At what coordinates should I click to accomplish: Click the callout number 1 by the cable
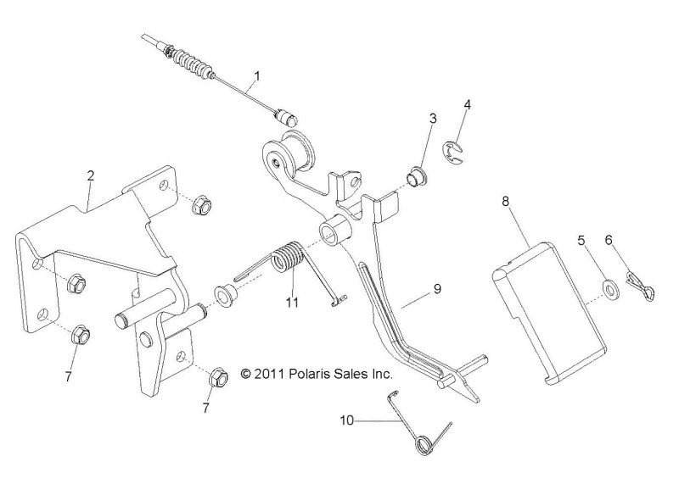[x=258, y=76]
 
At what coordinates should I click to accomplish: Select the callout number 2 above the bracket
[x=91, y=175]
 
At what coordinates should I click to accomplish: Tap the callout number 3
[x=433, y=119]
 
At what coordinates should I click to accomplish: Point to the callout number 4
[x=467, y=104]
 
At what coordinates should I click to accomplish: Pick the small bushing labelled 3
[x=417, y=177]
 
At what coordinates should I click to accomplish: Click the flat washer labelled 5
[x=610, y=290]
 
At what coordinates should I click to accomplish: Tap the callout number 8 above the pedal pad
[x=505, y=201]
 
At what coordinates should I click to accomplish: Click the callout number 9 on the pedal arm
[x=437, y=288]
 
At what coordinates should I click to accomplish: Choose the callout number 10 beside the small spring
[x=347, y=420]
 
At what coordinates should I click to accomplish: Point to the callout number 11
[x=292, y=302]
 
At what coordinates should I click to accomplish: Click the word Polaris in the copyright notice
[x=308, y=373]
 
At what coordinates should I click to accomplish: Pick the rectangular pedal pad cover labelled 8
[x=550, y=312]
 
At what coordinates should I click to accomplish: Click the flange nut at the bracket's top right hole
[x=201, y=205]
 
